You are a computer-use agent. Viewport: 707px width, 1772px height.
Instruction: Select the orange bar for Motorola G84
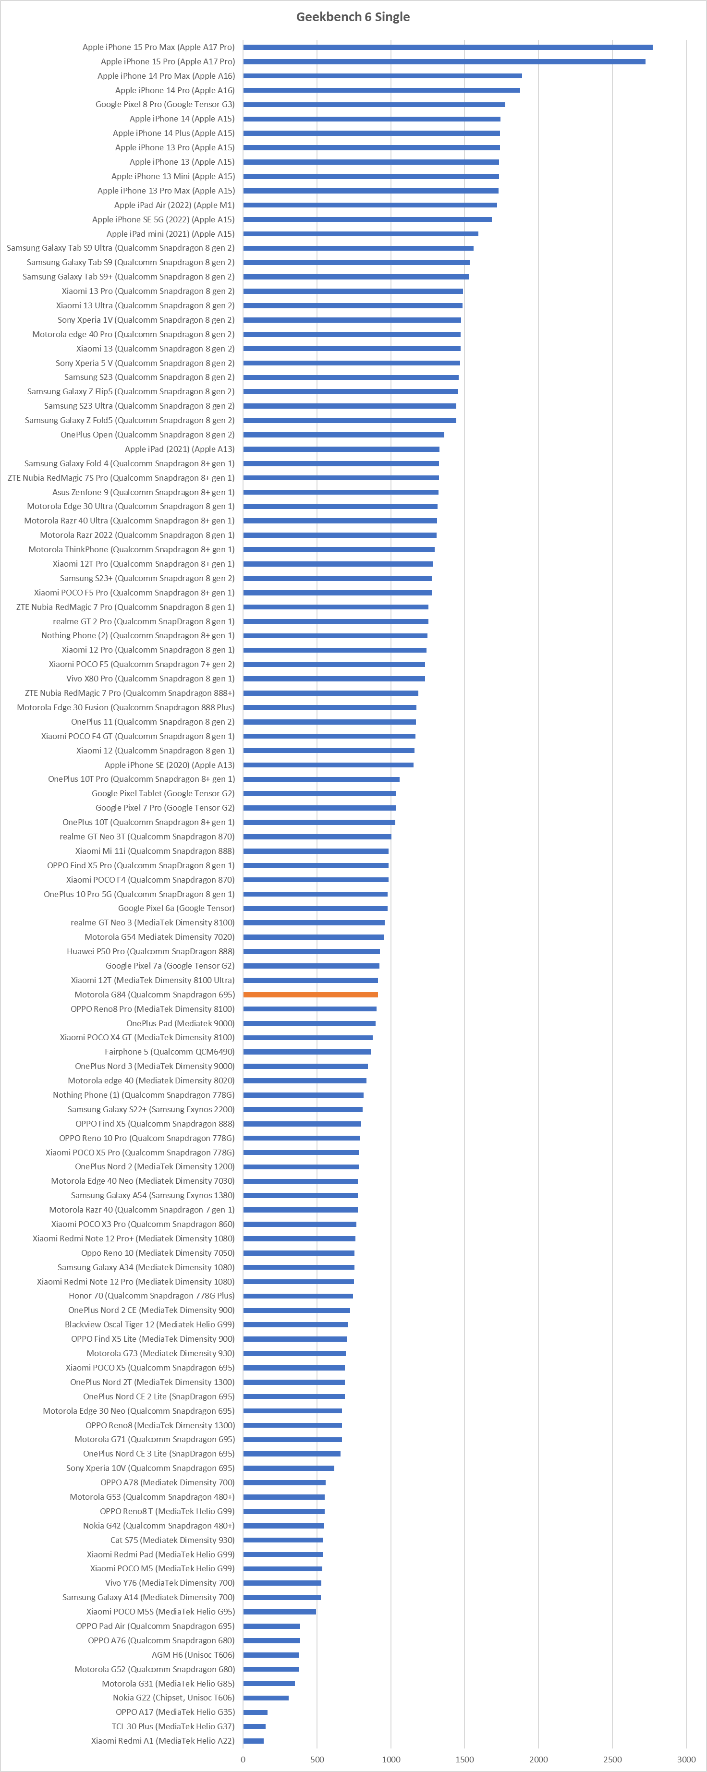click(x=310, y=995)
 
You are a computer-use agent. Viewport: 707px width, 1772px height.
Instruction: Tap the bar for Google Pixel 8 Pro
click(x=374, y=105)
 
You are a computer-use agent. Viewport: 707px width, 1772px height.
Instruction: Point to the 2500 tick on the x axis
click(x=612, y=1759)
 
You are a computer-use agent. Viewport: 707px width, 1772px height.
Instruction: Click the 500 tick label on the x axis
click(x=317, y=1759)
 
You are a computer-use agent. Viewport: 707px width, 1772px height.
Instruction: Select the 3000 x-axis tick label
click(x=686, y=1759)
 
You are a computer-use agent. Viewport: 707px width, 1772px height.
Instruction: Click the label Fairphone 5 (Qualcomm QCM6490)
click(x=169, y=1052)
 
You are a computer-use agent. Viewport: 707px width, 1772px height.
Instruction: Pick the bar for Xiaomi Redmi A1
click(x=253, y=1741)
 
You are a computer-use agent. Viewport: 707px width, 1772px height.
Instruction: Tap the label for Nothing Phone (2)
click(x=137, y=636)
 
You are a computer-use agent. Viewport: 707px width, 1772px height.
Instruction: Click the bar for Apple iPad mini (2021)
click(x=360, y=234)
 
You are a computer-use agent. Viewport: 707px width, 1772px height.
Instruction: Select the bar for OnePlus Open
click(x=343, y=435)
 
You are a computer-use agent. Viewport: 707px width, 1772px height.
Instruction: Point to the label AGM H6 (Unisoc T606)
click(x=193, y=1655)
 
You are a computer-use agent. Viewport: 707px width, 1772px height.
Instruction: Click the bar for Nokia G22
click(x=266, y=1698)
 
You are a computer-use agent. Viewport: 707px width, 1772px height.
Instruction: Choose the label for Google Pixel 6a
click(x=176, y=908)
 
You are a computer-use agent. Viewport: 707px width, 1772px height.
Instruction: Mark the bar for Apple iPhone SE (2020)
click(x=328, y=765)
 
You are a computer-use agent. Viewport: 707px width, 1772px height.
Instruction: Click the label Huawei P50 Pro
click(x=150, y=951)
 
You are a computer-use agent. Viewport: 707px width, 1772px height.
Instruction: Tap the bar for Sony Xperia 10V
click(x=288, y=1468)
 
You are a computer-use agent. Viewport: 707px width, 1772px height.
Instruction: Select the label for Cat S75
click(x=172, y=1540)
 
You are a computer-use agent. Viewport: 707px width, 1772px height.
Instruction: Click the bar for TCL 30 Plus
click(x=254, y=1726)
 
